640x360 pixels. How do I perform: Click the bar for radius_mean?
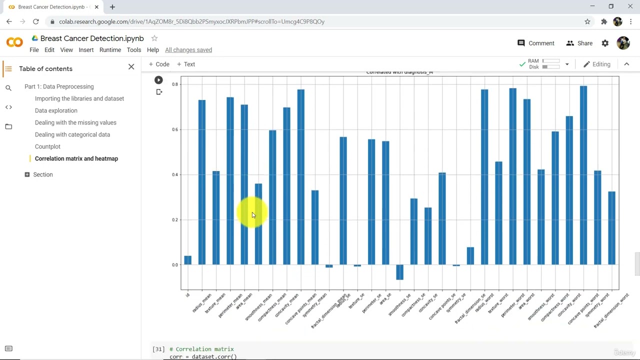click(x=202, y=182)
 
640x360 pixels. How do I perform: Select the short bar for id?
click(x=187, y=260)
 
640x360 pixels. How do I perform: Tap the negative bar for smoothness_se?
click(x=399, y=272)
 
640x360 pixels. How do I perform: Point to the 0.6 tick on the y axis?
click(x=175, y=129)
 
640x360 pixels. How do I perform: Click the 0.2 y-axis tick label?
click(x=175, y=220)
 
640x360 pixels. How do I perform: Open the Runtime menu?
click(x=110, y=50)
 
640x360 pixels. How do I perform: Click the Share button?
click(x=579, y=43)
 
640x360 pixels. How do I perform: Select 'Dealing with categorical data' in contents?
click(x=72, y=134)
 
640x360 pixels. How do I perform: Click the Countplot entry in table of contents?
click(x=47, y=146)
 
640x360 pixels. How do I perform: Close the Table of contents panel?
click(x=131, y=67)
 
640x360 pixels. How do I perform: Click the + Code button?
click(x=159, y=64)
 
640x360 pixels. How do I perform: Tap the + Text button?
click(x=186, y=64)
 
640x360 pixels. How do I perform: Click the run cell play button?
click(x=158, y=80)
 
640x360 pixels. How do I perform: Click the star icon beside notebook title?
click(x=154, y=38)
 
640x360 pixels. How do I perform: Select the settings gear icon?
click(x=605, y=43)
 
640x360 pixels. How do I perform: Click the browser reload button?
click(x=36, y=21)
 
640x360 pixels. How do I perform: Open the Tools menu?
click(x=133, y=50)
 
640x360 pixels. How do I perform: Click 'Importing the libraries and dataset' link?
click(x=79, y=98)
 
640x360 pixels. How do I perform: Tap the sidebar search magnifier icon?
click(x=8, y=88)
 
